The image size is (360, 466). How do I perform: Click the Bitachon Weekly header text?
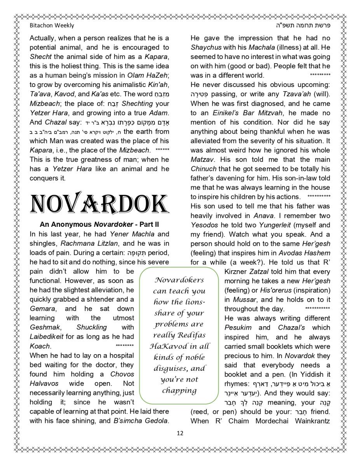[52, 26]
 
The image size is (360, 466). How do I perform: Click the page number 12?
[180, 433]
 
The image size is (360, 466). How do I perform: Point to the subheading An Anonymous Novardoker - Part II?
[99, 225]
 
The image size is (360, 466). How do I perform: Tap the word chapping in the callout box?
[179, 390]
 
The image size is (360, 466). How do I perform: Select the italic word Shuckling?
[92, 327]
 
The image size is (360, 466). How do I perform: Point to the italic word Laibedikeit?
[47, 337]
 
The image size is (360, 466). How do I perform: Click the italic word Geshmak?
[42, 327]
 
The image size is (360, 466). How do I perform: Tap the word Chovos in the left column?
[122, 374]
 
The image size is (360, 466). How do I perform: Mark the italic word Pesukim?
[238, 327]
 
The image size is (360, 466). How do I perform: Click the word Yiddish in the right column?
[308, 374]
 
